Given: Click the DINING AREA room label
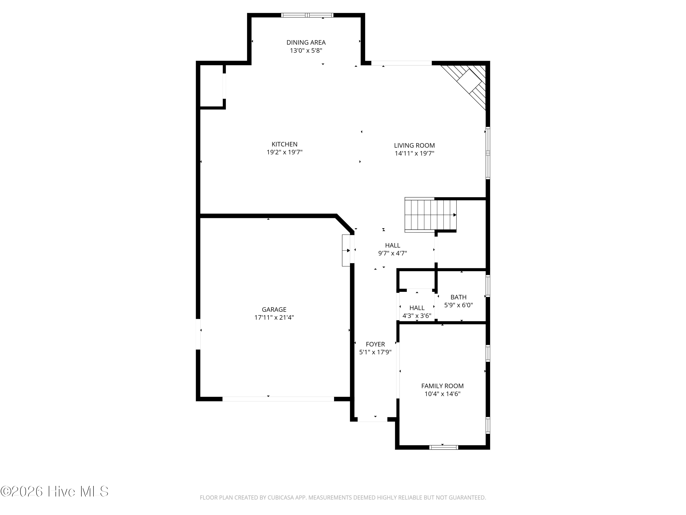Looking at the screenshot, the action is click(x=306, y=42).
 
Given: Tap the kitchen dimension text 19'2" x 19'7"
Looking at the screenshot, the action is click(x=284, y=152).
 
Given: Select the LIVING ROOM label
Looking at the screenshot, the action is click(x=414, y=145).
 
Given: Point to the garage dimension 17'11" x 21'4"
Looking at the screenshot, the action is click(x=274, y=317).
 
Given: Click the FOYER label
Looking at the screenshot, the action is click(x=375, y=344).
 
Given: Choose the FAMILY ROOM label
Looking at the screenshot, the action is click(x=442, y=386).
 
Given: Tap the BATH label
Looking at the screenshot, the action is click(x=458, y=297).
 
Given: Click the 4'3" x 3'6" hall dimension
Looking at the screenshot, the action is click(x=417, y=316).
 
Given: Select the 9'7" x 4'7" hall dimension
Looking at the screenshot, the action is click(x=392, y=253).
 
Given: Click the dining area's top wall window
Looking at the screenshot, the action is click(x=307, y=15).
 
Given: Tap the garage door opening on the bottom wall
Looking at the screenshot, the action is click(x=278, y=399).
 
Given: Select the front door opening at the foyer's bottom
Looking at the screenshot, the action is click(x=372, y=419).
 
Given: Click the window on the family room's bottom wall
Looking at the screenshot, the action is click(x=443, y=447).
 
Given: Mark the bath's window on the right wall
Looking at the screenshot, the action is click(x=488, y=286).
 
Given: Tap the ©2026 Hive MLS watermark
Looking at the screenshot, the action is click(x=55, y=491).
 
